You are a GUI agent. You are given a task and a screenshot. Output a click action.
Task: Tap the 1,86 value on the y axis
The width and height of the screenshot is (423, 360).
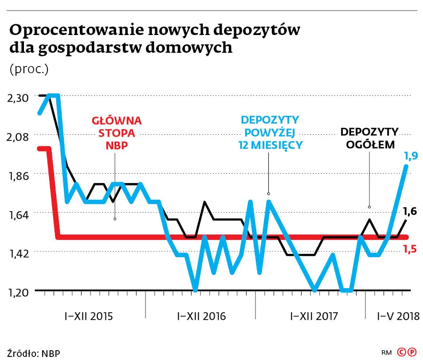[17, 176]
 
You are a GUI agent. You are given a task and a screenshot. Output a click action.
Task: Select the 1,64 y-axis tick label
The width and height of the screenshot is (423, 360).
[17, 215]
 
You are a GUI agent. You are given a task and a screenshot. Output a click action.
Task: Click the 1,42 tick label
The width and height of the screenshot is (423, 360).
[17, 254]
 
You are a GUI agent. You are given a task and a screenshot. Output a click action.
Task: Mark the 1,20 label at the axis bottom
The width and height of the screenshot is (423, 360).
[17, 292]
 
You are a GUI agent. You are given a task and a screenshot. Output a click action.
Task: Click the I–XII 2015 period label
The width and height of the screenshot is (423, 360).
[89, 317]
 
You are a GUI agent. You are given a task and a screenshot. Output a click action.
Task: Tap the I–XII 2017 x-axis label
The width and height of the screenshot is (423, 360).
[313, 317]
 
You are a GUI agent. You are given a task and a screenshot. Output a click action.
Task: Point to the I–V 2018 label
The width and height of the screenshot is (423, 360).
[398, 317]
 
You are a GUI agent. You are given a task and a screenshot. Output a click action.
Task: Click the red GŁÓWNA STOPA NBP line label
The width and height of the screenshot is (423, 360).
[116, 133]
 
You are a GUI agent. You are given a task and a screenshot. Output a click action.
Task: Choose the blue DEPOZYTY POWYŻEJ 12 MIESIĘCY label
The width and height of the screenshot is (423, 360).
[270, 132]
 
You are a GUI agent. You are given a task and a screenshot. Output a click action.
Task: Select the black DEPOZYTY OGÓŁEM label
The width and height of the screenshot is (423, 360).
[369, 138]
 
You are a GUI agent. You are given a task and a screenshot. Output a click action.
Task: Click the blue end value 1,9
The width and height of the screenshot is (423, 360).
[410, 156]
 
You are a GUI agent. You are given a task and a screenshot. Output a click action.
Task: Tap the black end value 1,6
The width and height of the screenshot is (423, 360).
[410, 211]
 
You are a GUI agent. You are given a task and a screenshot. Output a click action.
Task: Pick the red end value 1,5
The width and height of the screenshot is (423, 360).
[410, 249]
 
